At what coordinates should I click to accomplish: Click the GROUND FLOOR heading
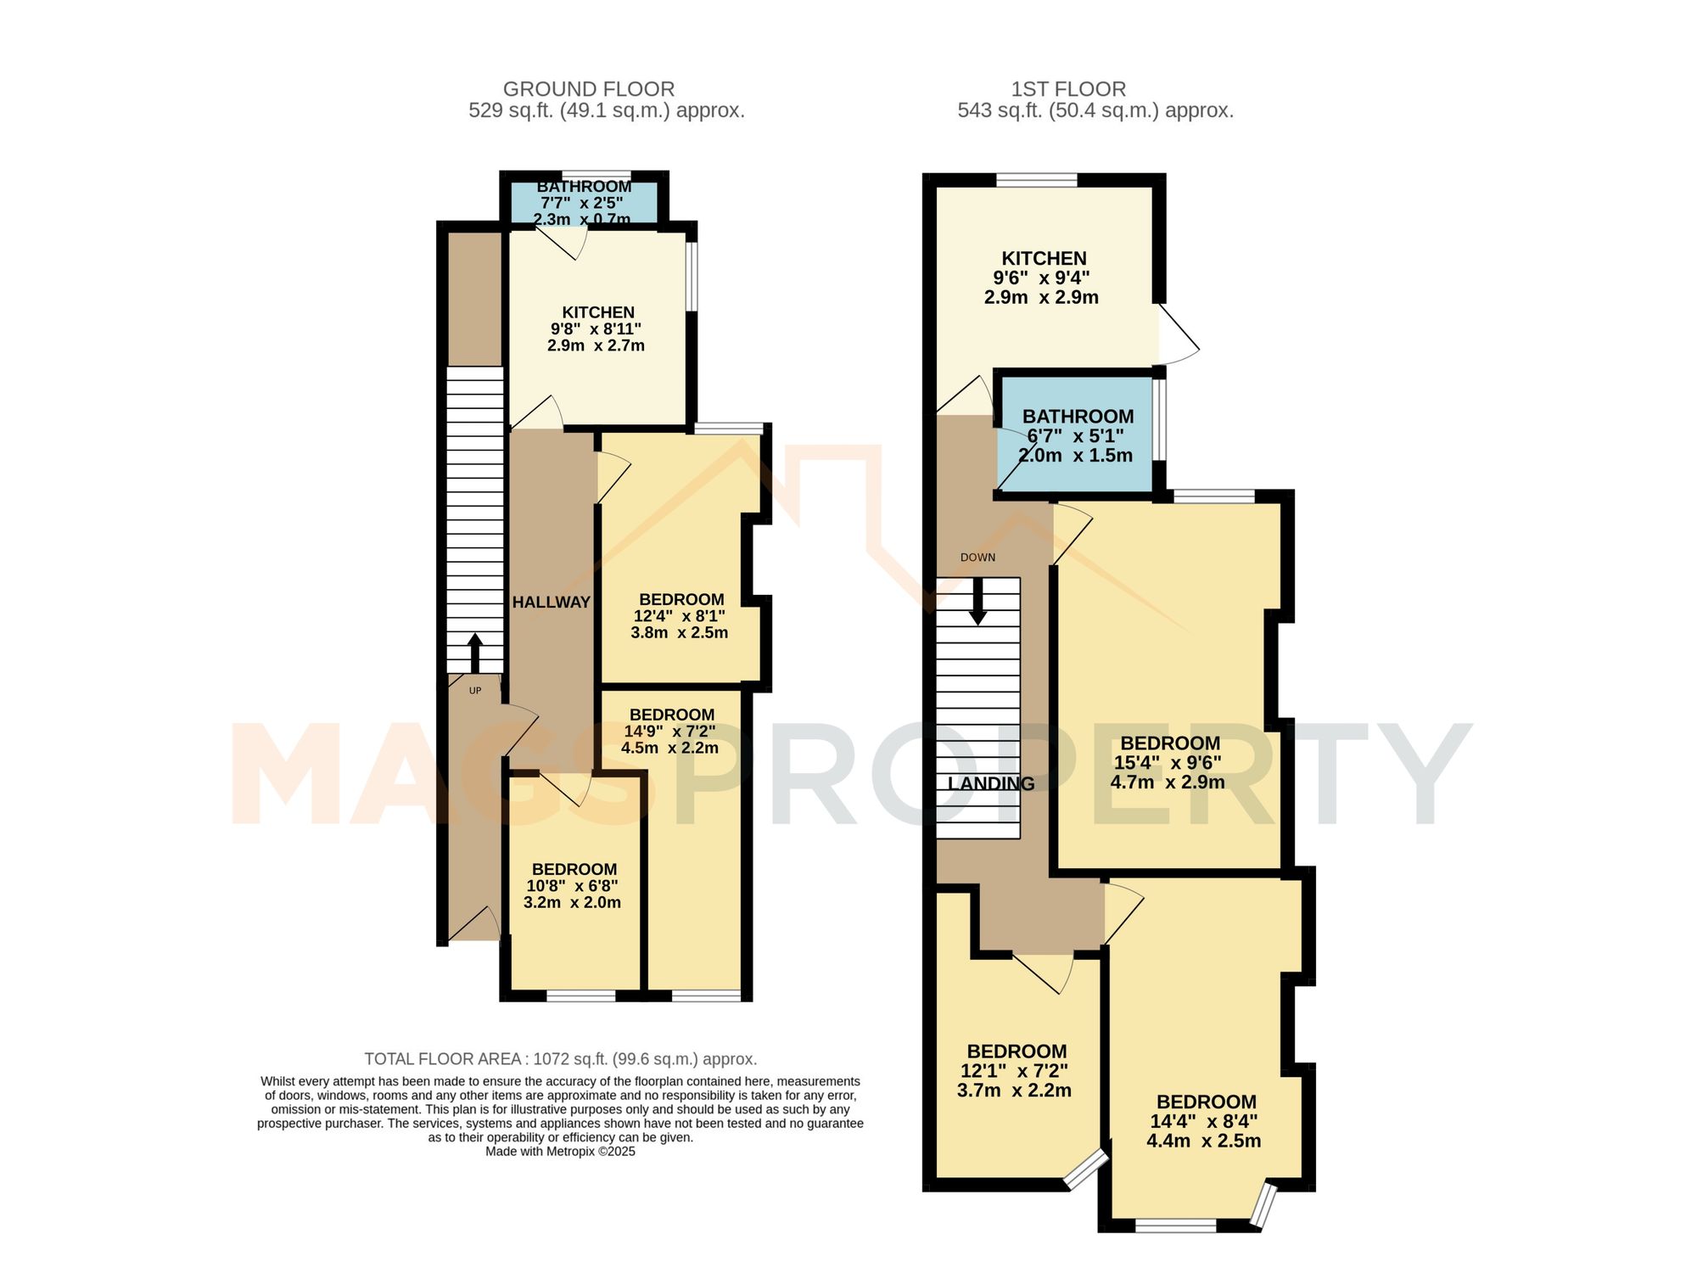pyautogui.click(x=589, y=89)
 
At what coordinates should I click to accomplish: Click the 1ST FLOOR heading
pyautogui.click(x=1068, y=89)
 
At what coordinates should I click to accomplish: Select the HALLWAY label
pyautogui.click(x=552, y=603)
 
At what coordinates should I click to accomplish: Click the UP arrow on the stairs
pyautogui.click(x=475, y=652)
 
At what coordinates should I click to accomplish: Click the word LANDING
pyautogui.click(x=991, y=784)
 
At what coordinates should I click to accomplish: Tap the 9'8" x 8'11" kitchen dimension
pyautogui.click(x=596, y=329)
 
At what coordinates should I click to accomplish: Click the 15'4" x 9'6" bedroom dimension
pyautogui.click(x=1168, y=763)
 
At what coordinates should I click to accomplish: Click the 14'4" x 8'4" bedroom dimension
pyautogui.click(x=1204, y=1122)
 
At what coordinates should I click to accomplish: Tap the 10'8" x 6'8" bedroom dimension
pyautogui.click(x=573, y=886)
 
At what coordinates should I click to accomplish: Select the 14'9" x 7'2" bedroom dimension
pyautogui.click(x=670, y=732)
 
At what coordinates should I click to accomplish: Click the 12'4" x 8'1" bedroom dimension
pyautogui.click(x=680, y=616)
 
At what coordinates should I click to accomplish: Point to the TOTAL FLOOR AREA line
pyautogui.click(x=560, y=1059)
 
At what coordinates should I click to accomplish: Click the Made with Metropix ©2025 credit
pyautogui.click(x=560, y=1152)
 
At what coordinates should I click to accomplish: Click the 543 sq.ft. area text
pyautogui.click(x=1095, y=111)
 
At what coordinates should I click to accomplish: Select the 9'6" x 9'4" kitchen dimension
pyautogui.click(x=1041, y=278)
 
